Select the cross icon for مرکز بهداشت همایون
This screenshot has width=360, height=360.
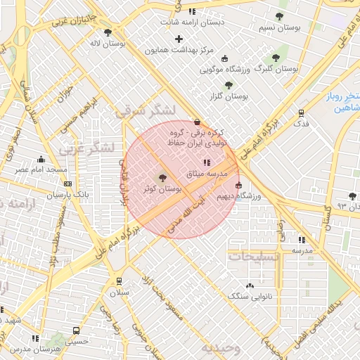coord(179,39)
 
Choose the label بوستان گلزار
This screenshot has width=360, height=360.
coord(229,95)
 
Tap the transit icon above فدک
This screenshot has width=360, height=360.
coord(301,112)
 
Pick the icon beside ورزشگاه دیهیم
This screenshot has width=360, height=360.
coord(238,186)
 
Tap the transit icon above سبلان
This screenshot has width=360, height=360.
coord(119,281)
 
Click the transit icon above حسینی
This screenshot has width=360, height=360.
coord(76,331)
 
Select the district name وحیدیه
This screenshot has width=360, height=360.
coord(220,348)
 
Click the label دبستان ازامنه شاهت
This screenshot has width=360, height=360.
coord(192,22)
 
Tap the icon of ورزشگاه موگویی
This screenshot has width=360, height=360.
coord(224,58)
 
